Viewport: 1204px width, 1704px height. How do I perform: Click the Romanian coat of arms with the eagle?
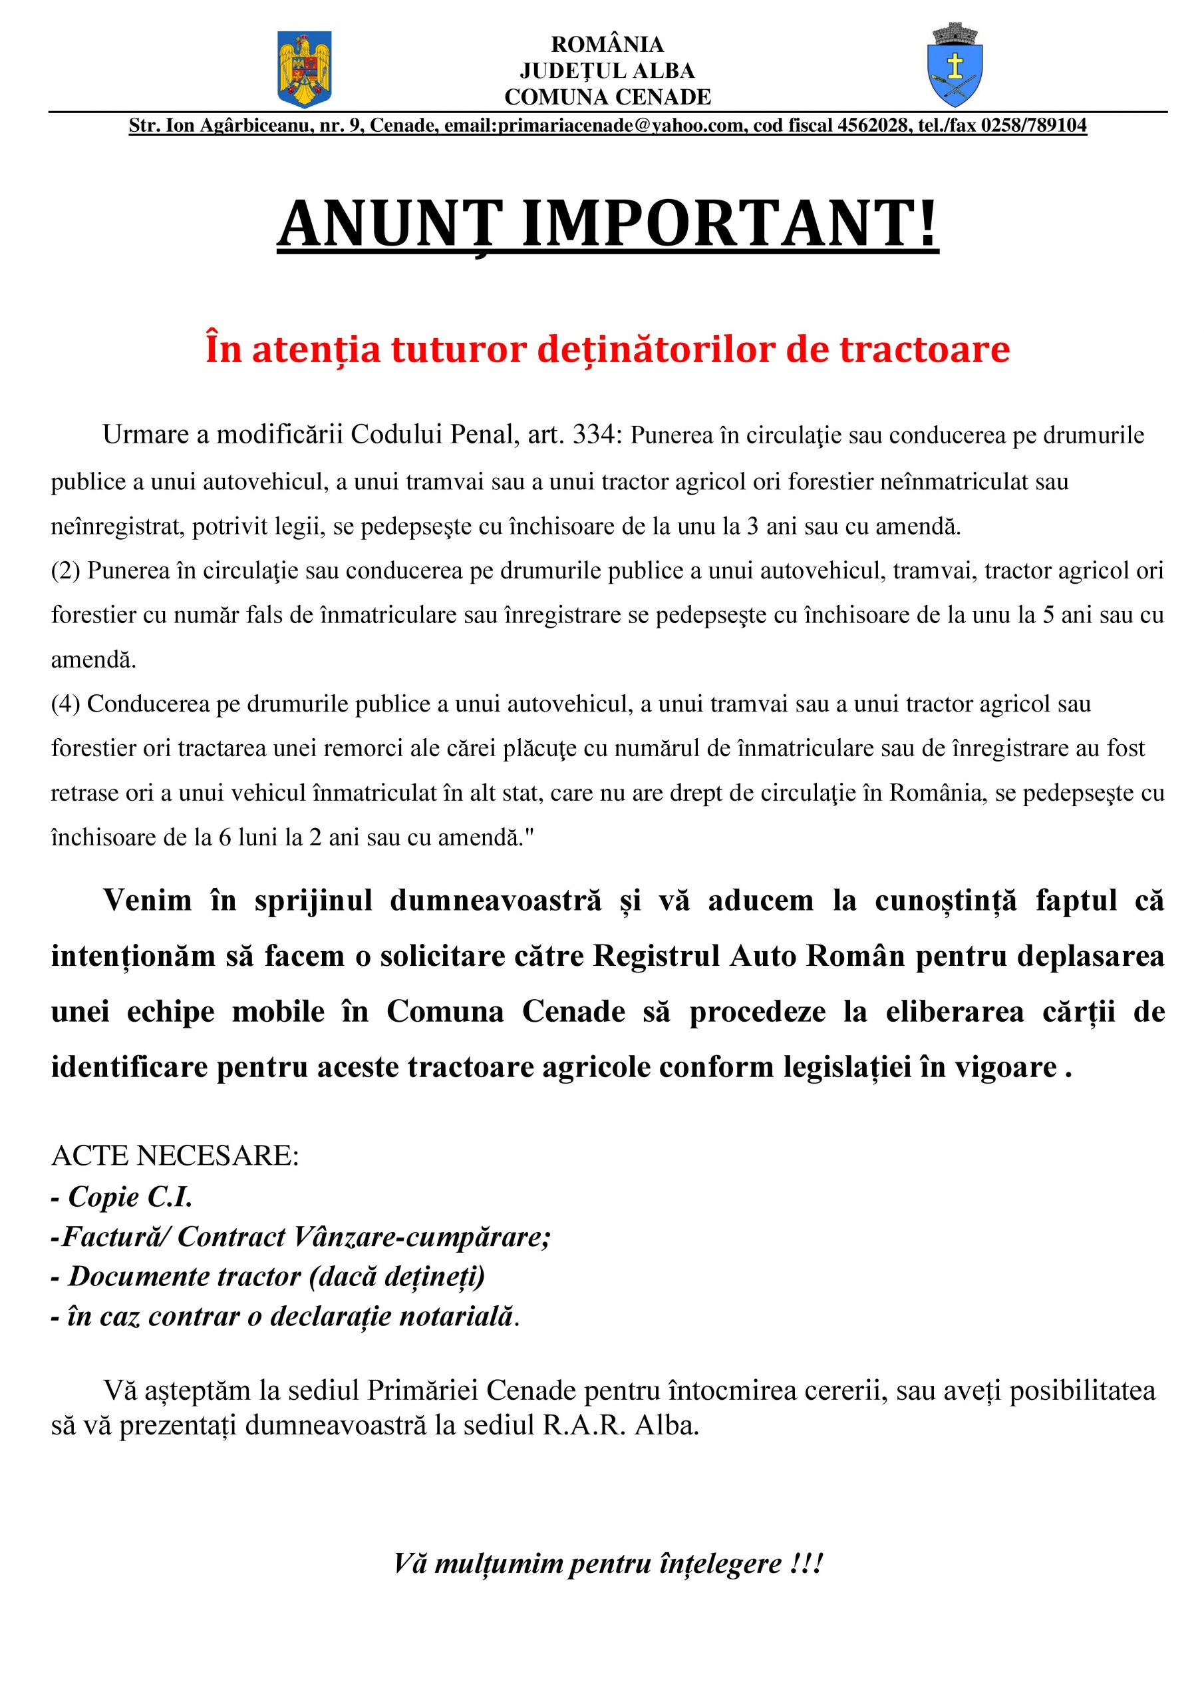pyautogui.click(x=304, y=69)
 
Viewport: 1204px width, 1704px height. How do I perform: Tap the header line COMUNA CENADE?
pyautogui.click(x=607, y=97)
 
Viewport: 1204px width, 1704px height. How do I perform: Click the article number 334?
pyautogui.click(x=593, y=435)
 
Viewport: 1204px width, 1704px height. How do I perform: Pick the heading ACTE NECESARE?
pyautogui.click(x=174, y=1156)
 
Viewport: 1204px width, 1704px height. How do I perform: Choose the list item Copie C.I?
pyautogui.click(x=130, y=1196)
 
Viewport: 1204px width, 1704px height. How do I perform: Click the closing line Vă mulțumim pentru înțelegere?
pyautogui.click(x=607, y=1564)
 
